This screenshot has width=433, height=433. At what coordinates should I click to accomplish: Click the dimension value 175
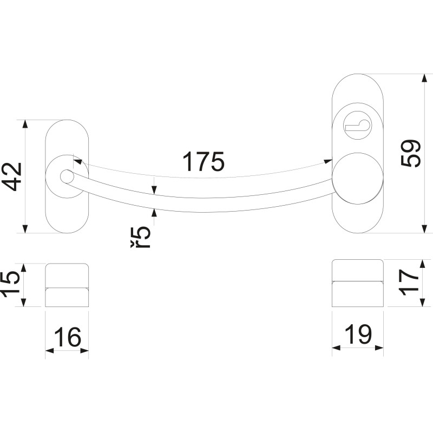click(x=204, y=162)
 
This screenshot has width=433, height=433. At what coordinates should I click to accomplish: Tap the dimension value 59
click(x=411, y=153)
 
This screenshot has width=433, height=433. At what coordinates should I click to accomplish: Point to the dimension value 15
click(x=11, y=285)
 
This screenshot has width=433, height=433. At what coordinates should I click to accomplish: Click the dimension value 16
click(x=67, y=337)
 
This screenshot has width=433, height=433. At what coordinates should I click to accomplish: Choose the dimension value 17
click(x=411, y=283)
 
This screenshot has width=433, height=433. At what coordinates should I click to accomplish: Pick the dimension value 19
click(x=358, y=336)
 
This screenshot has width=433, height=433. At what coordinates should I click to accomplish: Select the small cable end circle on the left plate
click(x=67, y=176)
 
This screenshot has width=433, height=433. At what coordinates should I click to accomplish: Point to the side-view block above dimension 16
click(x=67, y=285)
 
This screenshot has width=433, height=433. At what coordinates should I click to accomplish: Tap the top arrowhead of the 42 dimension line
click(x=24, y=124)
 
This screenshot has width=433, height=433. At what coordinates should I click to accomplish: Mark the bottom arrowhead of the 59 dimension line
click(x=424, y=229)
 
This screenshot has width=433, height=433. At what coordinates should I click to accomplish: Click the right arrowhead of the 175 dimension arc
click(x=329, y=161)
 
